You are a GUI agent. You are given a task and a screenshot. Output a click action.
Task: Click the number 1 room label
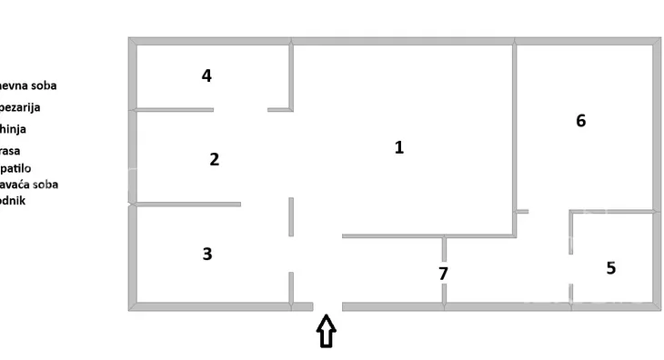click(398, 147)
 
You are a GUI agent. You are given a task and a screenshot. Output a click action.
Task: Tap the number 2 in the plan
click(214, 159)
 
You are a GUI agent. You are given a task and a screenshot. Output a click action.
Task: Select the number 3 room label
click(207, 254)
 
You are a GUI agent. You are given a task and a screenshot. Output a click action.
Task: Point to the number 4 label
click(206, 75)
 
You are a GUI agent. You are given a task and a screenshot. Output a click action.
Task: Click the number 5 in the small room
click(611, 268)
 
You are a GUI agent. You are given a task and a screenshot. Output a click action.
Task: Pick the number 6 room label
click(581, 120)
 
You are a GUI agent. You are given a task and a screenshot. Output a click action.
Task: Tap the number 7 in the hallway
click(443, 273)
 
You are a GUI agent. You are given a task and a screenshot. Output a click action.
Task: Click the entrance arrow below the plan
click(326, 331)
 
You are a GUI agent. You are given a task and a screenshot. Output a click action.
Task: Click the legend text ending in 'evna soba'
click(28, 85)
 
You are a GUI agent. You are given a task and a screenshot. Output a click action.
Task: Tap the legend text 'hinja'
click(14, 129)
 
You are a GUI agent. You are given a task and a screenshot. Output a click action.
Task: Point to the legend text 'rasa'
click(11, 151)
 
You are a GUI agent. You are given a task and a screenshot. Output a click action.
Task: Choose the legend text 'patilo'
click(16, 168)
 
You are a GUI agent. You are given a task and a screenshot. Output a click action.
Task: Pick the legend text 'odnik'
click(14, 200)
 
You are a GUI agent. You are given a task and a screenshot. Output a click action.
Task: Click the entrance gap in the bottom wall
click(327, 306)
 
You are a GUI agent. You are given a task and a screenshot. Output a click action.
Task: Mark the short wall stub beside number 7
click(444, 247)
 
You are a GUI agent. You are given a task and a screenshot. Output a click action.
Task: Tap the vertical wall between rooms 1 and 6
click(514, 127)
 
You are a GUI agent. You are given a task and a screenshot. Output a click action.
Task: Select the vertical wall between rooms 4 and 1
click(292, 77)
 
